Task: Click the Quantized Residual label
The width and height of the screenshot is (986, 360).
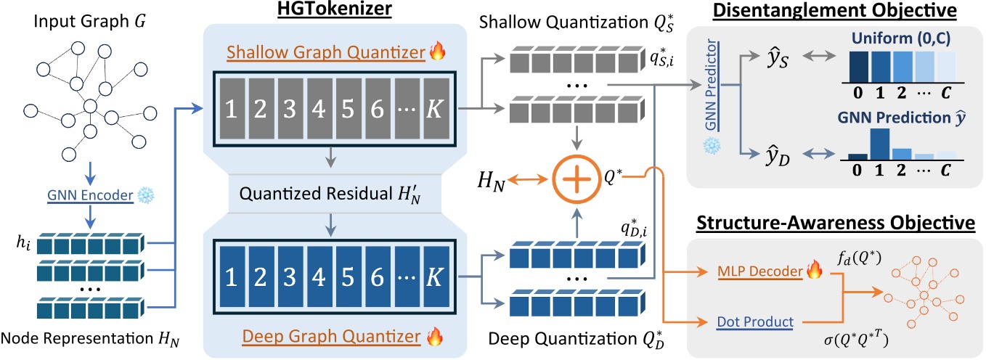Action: pyautogui.click(x=301, y=195)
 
